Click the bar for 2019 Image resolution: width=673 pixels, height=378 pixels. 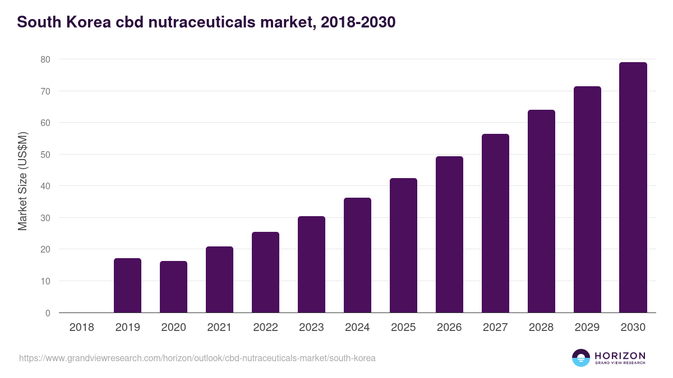[x=127, y=286]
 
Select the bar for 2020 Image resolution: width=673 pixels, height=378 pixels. [x=173, y=287]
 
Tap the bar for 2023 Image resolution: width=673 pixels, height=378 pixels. [x=311, y=264]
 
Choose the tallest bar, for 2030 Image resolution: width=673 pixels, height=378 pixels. [x=633, y=188]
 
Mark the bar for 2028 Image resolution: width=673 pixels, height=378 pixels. [x=541, y=211]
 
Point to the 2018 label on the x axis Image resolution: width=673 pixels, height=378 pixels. [x=81, y=328]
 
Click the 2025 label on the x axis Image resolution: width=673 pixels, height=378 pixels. [x=403, y=328]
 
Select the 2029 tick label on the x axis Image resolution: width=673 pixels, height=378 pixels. [x=587, y=328]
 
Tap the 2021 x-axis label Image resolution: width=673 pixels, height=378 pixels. [x=219, y=328]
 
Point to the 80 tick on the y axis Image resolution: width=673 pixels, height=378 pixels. [x=45, y=59]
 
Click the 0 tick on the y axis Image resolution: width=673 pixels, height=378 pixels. [x=48, y=313]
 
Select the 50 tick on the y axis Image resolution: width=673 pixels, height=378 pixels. [x=45, y=155]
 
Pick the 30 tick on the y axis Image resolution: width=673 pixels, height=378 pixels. [x=45, y=218]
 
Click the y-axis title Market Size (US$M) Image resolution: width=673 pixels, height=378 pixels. [x=22, y=181]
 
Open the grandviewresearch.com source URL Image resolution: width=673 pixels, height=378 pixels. [x=197, y=358]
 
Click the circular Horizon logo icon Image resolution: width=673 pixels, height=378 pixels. [x=581, y=358]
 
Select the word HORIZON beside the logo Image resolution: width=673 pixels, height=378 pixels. [x=620, y=356]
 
